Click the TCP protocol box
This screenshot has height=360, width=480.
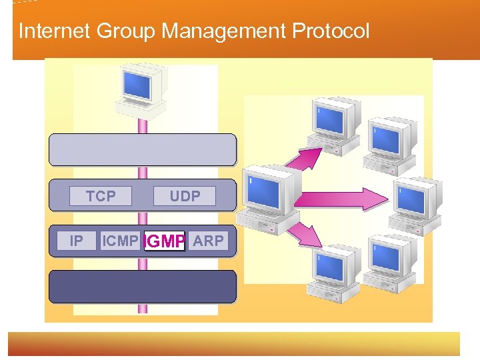pos(101,196)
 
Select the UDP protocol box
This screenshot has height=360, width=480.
pos(185,196)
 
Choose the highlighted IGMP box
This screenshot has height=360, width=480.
pos(165,241)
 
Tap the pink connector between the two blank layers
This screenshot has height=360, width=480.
pos(142,172)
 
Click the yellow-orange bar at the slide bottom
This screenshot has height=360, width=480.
pos(233,344)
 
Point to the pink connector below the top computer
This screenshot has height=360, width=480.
pos(142,125)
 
